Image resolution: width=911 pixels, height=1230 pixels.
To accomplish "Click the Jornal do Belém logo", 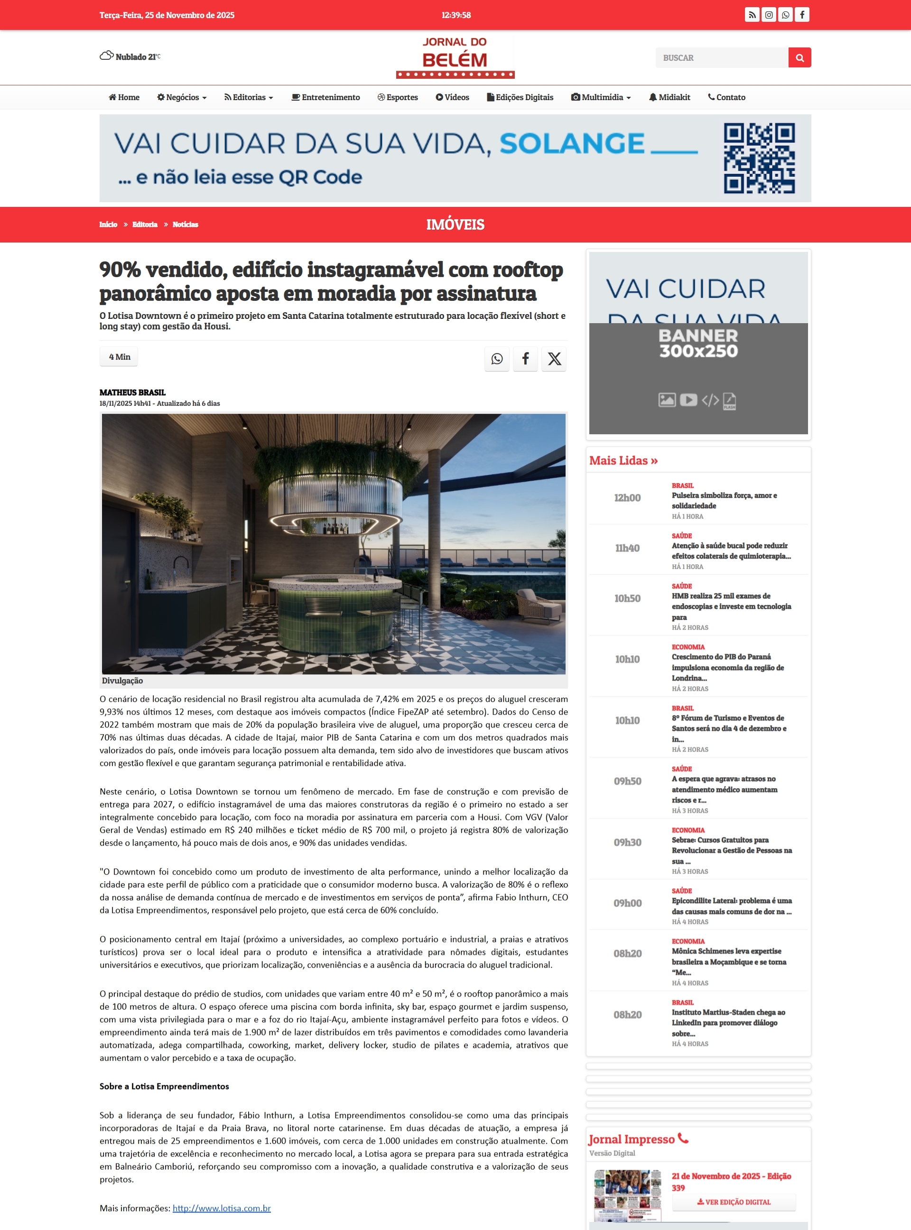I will click(455, 57).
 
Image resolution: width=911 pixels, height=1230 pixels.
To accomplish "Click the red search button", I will click(799, 57).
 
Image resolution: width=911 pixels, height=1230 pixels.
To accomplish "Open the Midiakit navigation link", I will click(669, 97).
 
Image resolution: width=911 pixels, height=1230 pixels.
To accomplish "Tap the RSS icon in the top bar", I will click(752, 15).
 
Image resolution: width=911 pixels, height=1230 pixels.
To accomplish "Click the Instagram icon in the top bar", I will click(769, 15).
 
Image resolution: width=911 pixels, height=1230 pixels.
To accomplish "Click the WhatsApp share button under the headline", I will click(497, 359).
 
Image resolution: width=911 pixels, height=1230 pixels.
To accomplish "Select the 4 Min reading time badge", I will click(119, 357).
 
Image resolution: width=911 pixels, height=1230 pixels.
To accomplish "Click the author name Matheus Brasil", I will click(132, 392).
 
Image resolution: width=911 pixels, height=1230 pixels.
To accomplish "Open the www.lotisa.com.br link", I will click(222, 1208).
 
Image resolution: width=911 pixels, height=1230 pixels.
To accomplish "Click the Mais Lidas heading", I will click(623, 461).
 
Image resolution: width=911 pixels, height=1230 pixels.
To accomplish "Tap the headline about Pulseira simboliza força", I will click(724, 500).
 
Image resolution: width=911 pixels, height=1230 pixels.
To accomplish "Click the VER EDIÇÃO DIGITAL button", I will click(734, 1202).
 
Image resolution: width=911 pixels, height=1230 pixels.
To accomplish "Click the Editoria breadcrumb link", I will click(145, 224).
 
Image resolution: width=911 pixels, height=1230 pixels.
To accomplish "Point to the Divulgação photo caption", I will click(122, 680).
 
